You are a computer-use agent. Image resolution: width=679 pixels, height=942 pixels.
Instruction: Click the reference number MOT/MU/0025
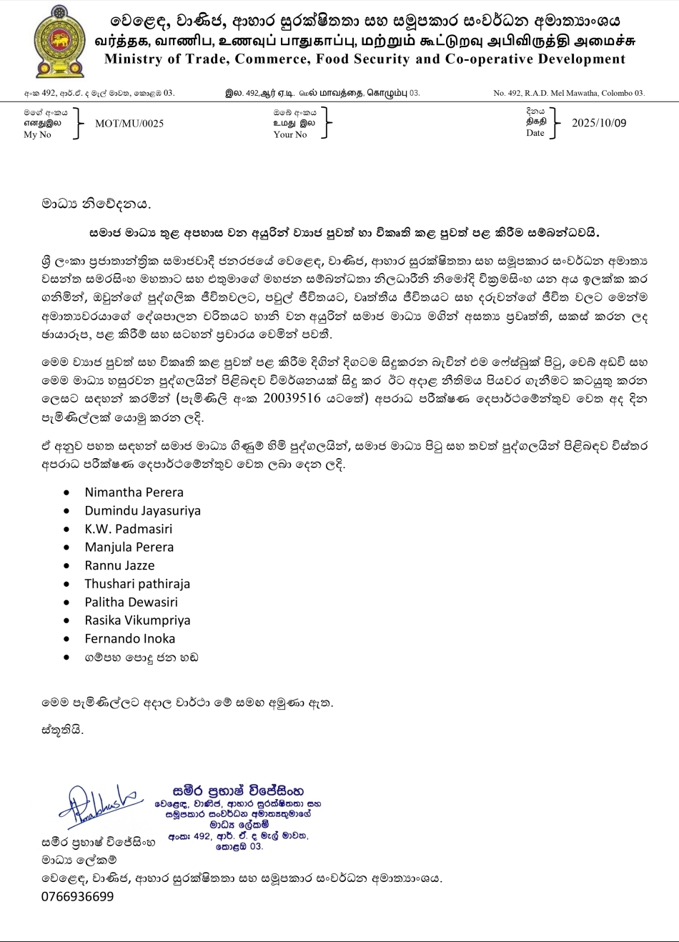point(129,124)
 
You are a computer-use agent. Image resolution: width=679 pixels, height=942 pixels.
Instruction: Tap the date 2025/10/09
point(599,123)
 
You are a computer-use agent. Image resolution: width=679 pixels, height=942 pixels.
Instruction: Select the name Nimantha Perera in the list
point(134,492)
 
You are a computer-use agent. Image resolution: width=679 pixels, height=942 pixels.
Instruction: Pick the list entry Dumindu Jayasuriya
point(142,511)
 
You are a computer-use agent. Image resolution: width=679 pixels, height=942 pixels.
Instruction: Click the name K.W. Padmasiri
point(128,530)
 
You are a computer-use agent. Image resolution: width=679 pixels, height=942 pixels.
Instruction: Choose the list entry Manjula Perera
point(129,547)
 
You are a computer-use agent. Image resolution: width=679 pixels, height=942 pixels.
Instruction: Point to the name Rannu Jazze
point(119,566)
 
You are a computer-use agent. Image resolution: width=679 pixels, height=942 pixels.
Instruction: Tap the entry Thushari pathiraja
point(137,584)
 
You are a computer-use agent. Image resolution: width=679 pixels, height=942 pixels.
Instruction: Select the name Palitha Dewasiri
point(131,603)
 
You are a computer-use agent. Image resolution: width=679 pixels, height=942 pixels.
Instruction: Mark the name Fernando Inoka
point(129,639)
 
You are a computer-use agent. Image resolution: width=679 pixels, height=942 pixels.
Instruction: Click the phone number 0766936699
point(77,897)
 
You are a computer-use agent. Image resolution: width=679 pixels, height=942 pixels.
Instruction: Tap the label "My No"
point(37,134)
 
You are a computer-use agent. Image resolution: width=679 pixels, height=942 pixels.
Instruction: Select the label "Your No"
point(289,134)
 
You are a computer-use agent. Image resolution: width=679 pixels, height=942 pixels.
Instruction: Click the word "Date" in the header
point(535,133)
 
